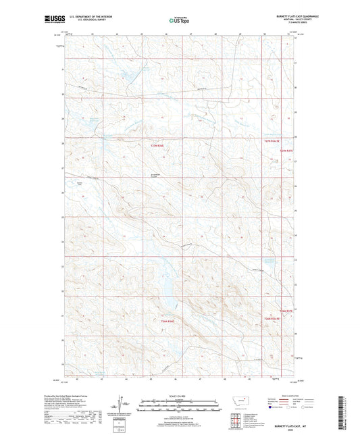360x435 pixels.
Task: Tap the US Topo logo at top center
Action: pyautogui.click(x=178, y=21)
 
